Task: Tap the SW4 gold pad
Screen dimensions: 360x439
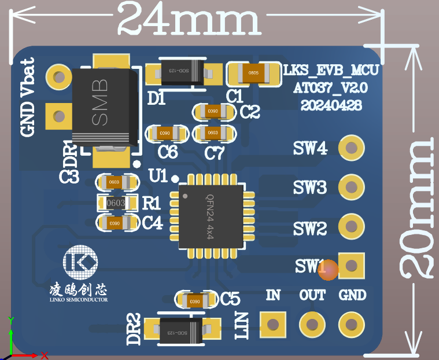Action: coord(351,149)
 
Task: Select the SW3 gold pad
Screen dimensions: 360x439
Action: coord(351,186)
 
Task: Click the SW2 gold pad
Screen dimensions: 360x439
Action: coord(351,226)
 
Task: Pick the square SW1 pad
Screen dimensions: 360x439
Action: coord(351,265)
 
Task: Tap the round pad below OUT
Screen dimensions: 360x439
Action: coord(312,323)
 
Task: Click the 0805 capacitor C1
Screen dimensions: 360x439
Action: coord(253,74)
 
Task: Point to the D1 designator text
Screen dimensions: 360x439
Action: coord(156,99)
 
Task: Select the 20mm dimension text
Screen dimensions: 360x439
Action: coord(418,208)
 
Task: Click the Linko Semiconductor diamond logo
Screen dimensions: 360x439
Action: coord(81,263)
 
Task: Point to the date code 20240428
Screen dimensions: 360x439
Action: coord(331,105)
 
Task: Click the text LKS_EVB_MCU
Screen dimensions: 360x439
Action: coord(331,71)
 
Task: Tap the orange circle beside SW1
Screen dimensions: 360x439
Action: coord(328,270)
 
